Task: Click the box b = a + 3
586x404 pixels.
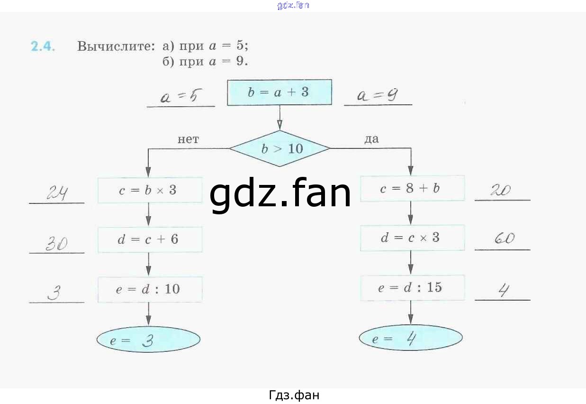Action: (x=279, y=92)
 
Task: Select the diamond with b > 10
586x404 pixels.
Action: (x=280, y=149)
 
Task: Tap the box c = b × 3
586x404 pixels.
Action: (x=150, y=190)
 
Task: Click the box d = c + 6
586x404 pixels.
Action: (x=150, y=239)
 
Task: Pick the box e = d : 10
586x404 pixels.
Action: (x=150, y=289)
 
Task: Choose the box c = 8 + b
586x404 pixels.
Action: (x=412, y=189)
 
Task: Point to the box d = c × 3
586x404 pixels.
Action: (x=412, y=238)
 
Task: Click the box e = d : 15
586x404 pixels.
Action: (x=412, y=287)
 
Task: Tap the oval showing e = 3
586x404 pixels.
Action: (x=148, y=340)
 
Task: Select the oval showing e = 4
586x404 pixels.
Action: (x=410, y=339)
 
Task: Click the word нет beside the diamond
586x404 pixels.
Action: (x=188, y=139)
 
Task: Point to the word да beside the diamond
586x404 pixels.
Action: (x=371, y=139)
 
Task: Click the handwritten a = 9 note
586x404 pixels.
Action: (x=377, y=96)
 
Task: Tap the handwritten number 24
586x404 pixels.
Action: (x=57, y=193)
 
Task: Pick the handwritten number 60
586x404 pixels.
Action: (x=504, y=239)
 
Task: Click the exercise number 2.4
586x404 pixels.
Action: (x=43, y=46)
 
